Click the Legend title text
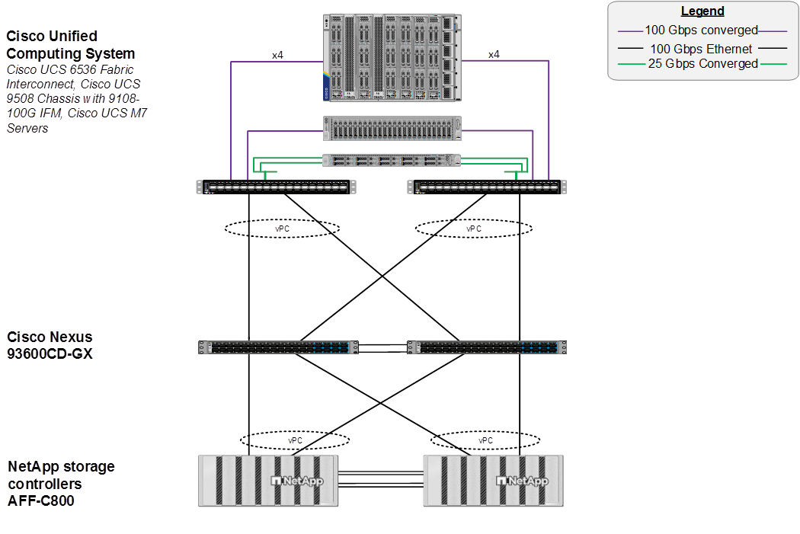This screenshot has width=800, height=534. tap(702, 11)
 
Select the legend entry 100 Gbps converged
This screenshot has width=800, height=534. tap(702, 30)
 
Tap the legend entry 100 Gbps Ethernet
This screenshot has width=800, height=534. tap(702, 48)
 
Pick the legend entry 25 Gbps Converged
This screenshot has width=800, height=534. tap(702, 64)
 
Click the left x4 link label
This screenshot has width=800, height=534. tap(279, 55)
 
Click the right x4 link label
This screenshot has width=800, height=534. tap(494, 55)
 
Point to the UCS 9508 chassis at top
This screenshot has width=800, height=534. tap(389, 58)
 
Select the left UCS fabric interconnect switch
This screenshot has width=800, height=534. tap(276, 187)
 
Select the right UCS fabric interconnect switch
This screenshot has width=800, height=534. tap(488, 187)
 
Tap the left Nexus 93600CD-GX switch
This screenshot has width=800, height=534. tap(279, 347)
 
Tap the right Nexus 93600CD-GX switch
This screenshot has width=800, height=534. tap(488, 347)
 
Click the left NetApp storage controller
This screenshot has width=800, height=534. tap(267, 481)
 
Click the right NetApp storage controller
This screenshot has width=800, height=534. tap(492, 481)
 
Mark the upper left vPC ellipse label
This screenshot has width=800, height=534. tap(283, 228)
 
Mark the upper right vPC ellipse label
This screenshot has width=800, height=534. tap(474, 228)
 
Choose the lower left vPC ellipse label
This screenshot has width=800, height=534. tap(295, 440)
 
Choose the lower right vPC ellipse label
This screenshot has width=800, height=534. tap(485, 440)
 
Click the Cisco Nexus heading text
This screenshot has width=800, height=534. tap(50, 345)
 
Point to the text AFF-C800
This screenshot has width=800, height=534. tap(41, 500)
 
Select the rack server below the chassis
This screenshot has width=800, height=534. tap(392, 128)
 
